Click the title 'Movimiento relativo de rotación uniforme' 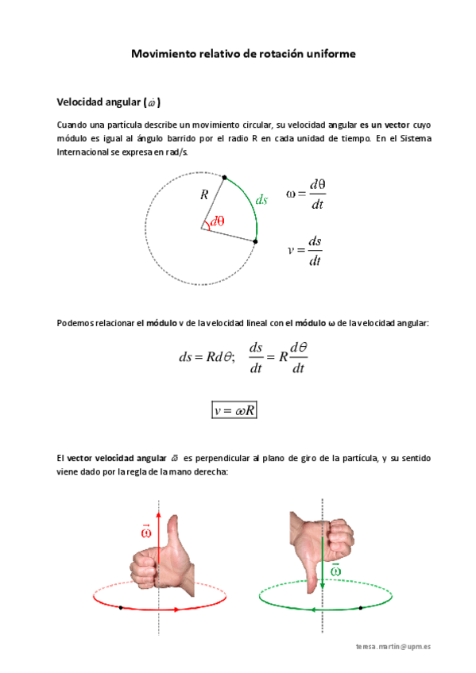(243, 54)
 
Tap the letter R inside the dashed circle (204, 194)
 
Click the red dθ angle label (217, 222)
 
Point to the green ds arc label (261, 200)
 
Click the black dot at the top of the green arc (225, 177)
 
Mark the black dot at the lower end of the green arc (255, 240)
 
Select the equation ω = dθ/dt (306, 194)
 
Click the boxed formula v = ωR (234, 410)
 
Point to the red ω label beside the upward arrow (145, 531)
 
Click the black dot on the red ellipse (120, 607)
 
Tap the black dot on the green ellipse (361, 608)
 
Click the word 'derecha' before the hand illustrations (210, 471)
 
